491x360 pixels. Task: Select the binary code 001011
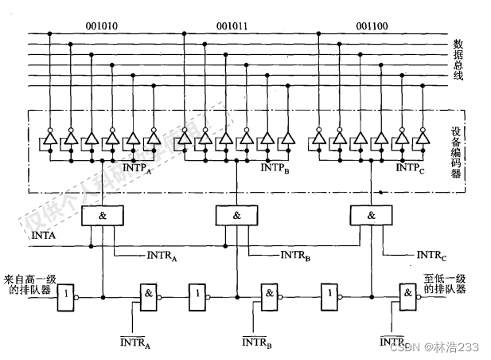[232, 25]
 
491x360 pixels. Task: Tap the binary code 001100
[372, 25]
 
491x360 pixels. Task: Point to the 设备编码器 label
[456, 151]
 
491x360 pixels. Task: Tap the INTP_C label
[410, 168]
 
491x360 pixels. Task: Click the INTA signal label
[43, 237]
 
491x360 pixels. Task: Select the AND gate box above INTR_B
[236, 216]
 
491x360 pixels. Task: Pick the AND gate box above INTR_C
[371, 216]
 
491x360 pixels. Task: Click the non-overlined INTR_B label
[298, 256]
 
